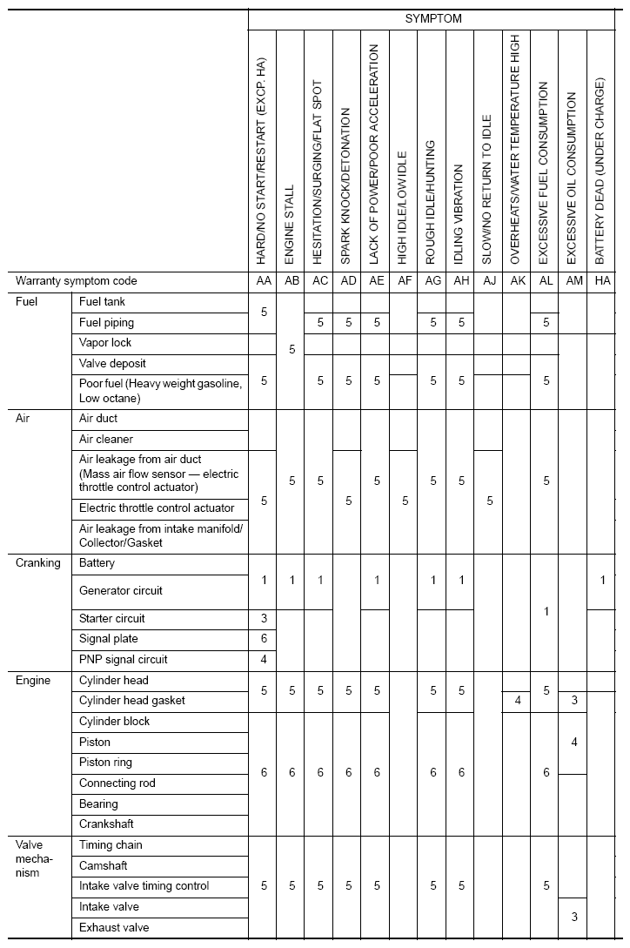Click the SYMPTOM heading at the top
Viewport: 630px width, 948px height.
(433, 18)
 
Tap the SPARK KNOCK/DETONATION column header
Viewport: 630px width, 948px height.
(346, 186)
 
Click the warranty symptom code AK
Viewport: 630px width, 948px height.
(517, 281)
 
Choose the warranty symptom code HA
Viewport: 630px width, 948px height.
(600, 281)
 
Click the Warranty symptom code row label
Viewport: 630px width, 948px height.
(77, 281)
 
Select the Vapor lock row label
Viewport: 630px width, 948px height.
(105, 343)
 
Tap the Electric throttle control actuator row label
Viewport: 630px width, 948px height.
(157, 508)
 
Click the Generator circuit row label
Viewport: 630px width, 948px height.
(121, 590)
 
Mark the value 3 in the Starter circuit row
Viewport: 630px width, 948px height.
(264, 619)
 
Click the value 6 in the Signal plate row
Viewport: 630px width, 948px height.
(264, 639)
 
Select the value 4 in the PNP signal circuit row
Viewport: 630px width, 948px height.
(264, 660)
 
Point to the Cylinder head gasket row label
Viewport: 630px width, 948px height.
(132, 701)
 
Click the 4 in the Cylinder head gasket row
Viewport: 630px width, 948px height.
(517, 701)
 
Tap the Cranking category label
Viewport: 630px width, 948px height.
(38, 563)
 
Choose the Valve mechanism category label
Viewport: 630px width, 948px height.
(36, 858)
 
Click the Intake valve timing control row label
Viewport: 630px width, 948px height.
(144, 886)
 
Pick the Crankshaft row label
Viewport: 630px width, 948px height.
(107, 824)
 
